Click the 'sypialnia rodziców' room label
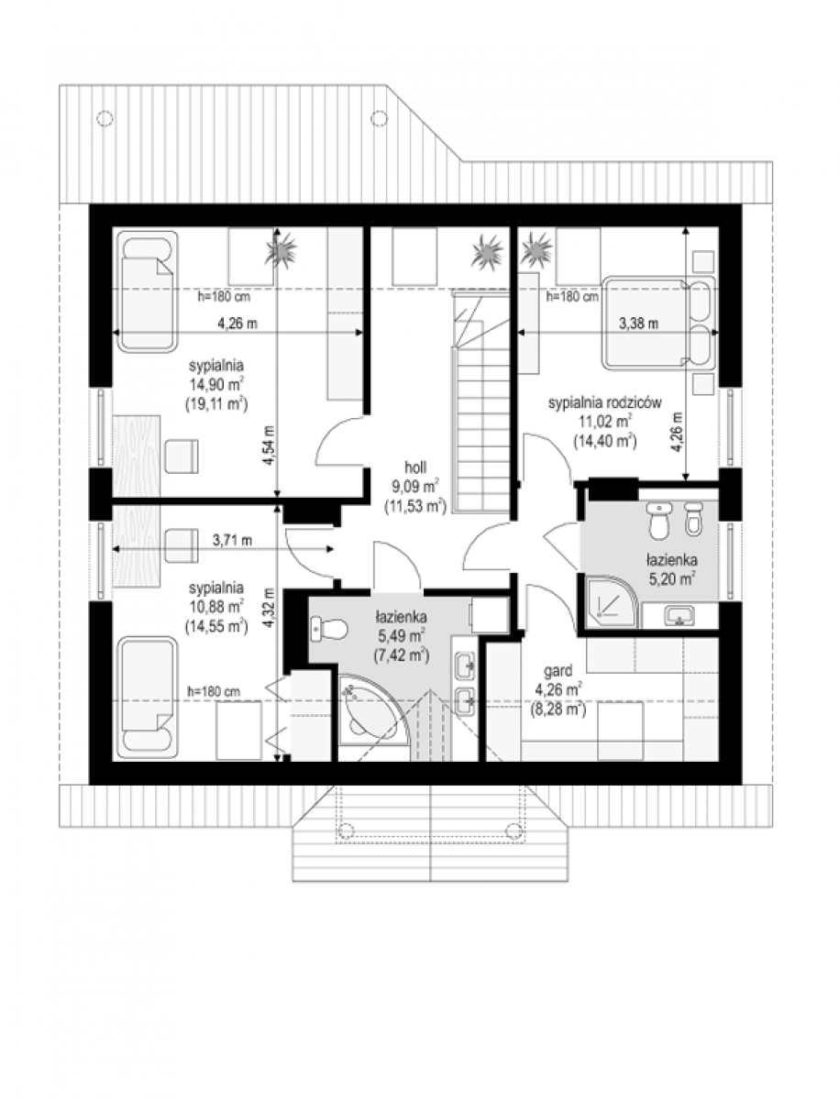605,403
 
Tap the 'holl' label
415,467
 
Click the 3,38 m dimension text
638,324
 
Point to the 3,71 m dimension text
232,540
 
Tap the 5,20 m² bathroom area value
671,580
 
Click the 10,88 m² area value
216,607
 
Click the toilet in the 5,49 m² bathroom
329,629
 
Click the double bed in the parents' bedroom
658,323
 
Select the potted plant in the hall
487,252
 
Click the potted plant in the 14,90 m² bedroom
281,249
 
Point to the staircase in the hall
480,401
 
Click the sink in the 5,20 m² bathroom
679,615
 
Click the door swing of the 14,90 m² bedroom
341,441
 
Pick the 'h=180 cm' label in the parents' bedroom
572,296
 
